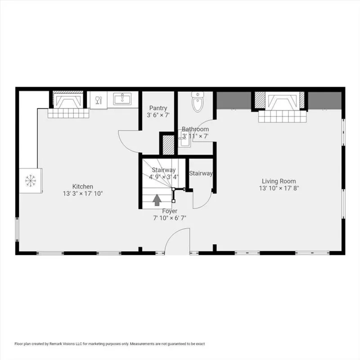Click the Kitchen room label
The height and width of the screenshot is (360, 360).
pos(83,186)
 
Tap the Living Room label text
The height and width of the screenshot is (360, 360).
pos(279,181)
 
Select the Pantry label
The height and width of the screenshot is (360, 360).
pos(158,108)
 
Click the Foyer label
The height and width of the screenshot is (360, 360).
pos(170,211)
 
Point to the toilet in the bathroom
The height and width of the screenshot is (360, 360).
pos(198,102)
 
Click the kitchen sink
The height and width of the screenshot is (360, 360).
pos(122,99)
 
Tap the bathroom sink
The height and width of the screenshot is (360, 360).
pos(184,139)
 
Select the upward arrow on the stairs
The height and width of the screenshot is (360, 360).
pos(157,200)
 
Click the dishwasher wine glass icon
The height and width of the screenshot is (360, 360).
pos(98,100)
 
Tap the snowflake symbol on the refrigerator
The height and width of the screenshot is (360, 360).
pos(31,180)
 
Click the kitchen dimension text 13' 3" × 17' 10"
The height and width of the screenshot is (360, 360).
pos(83,193)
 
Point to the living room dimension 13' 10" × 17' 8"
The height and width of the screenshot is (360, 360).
pos(279,188)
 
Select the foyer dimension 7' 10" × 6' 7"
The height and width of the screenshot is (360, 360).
pos(170,218)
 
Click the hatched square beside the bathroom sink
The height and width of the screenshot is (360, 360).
pos(168,145)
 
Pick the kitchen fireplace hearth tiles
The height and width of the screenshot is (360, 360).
pos(68,113)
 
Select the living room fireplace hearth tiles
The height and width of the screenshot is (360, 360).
pos(283,117)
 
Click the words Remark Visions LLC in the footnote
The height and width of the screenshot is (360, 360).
pos(65,344)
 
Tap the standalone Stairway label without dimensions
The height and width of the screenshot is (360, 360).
pos(201,173)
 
